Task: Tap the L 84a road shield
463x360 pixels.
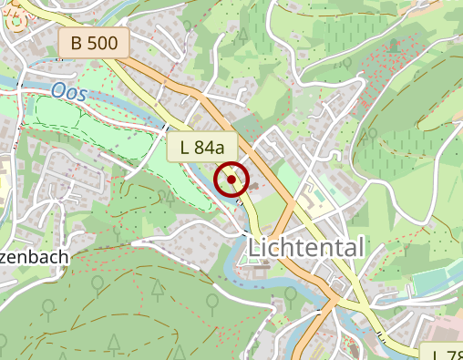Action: pyautogui.click(x=202, y=147)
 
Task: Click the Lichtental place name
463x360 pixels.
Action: pyautogui.click(x=306, y=247)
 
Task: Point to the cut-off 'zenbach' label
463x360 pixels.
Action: pyautogui.click(x=34, y=257)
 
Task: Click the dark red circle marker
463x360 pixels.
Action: pyautogui.click(x=231, y=180)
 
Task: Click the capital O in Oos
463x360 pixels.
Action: pyautogui.click(x=58, y=90)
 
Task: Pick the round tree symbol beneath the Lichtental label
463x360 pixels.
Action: pyautogui.click(x=290, y=293)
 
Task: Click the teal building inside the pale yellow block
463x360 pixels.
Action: pyautogui.click(x=316, y=196)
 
